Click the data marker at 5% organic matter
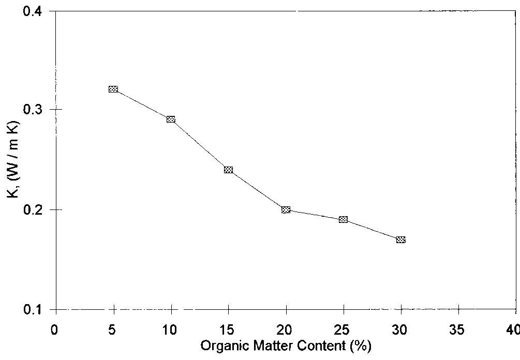click(113, 89)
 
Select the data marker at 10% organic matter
click(171, 119)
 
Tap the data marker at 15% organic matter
click(228, 170)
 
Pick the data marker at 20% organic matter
click(286, 209)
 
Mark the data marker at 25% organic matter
click(343, 219)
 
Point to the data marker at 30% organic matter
click(400, 239)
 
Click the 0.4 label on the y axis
click(37, 11)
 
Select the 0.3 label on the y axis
click(37, 110)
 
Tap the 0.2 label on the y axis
click(37, 209)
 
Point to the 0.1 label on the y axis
click(37, 309)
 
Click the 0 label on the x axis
click(55, 330)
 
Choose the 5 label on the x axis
click(113, 330)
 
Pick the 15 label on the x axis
click(228, 330)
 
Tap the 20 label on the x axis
click(286, 330)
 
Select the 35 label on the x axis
click(458, 330)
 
